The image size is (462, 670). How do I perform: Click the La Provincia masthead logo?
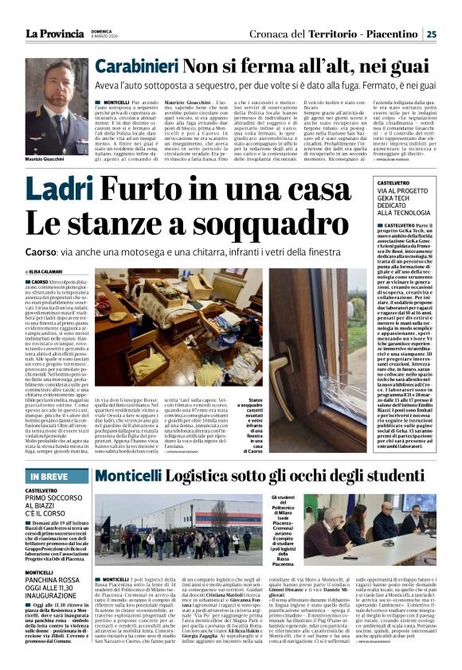54,33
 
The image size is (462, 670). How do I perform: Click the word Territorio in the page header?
317,33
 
